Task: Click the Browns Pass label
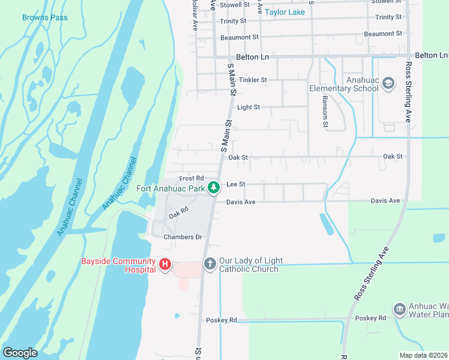tap(45, 17)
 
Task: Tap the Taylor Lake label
tap(285, 11)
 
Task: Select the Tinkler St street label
tap(252, 80)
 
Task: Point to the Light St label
tap(249, 107)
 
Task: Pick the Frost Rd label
tap(191, 178)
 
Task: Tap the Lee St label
tap(236, 184)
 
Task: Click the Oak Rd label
tap(178, 213)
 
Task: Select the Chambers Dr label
tap(182, 237)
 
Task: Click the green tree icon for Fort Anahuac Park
tap(213, 188)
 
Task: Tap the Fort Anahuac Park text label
tap(171, 188)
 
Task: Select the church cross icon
tap(209, 264)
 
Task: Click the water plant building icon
tap(400, 309)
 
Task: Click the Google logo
tap(20, 353)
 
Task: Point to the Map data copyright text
tap(423, 355)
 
